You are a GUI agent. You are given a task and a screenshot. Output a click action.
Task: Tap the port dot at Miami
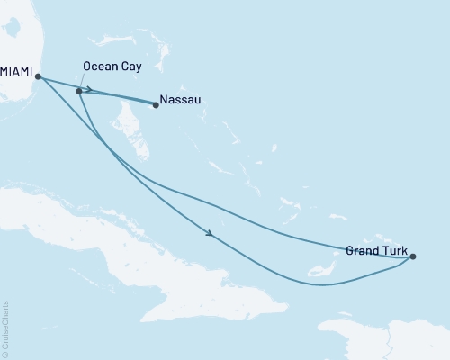click(x=38, y=76)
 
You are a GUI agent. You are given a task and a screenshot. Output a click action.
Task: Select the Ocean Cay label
click(x=111, y=67)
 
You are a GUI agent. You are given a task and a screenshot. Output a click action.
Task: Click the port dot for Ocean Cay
click(x=79, y=91)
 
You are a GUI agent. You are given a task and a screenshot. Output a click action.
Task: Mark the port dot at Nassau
click(x=156, y=105)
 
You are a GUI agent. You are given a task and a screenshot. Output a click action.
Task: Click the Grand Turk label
click(x=376, y=251)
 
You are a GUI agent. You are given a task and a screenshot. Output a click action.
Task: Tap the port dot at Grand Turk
click(x=413, y=256)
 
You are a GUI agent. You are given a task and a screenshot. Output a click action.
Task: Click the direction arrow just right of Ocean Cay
click(x=88, y=89)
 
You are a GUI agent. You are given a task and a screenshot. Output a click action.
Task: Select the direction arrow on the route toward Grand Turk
click(x=210, y=234)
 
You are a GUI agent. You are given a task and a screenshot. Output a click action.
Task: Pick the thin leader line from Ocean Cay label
click(x=83, y=81)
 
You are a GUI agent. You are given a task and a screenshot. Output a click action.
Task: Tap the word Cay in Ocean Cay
click(x=128, y=67)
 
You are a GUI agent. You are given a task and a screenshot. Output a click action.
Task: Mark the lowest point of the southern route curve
click(x=324, y=286)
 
